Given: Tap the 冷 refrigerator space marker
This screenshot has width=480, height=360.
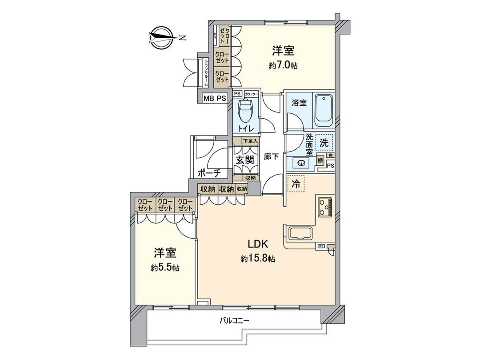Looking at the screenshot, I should pyautogui.click(x=296, y=182).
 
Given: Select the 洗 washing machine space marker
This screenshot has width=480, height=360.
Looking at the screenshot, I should pyautogui.click(x=324, y=143).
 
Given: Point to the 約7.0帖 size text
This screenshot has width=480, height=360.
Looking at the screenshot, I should pyautogui.click(x=283, y=65).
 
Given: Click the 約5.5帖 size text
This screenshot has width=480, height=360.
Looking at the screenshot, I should pyautogui.click(x=165, y=268).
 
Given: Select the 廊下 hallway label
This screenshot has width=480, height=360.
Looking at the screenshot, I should pyautogui.click(x=271, y=156).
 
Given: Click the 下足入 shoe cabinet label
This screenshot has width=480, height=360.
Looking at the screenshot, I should pyautogui.click(x=250, y=141).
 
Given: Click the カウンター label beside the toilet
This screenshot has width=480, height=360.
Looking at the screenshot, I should pyautogui.click(x=252, y=94).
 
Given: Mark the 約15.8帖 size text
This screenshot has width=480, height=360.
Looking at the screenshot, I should pyautogui.click(x=257, y=258).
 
